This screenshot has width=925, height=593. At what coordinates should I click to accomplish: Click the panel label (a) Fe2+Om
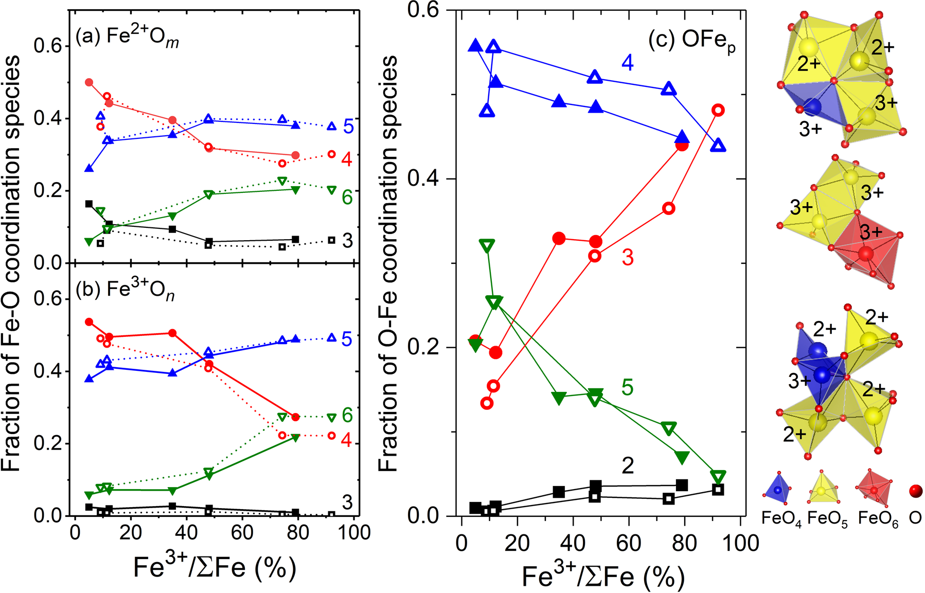[127, 37]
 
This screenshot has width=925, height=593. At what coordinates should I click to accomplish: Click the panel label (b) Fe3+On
[125, 290]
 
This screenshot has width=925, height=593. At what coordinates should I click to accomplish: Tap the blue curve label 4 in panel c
[628, 62]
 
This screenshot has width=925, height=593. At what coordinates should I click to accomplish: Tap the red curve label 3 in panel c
[628, 257]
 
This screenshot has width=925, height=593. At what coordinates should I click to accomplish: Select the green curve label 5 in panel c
[627, 387]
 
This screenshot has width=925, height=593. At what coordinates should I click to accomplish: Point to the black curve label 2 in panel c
[628, 466]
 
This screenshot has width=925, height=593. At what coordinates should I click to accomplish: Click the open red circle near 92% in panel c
[718, 110]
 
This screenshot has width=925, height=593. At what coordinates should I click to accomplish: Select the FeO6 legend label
[878, 518]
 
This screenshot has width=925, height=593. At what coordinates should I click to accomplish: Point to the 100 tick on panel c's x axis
[740, 543]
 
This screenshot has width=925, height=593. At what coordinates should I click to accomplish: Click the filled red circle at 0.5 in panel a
[88, 82]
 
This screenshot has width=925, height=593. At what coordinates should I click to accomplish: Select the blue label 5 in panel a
[348, 127]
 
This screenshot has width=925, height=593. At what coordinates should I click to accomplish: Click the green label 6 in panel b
[347, 416]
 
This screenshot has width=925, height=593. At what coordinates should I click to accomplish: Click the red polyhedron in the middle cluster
[867, 252]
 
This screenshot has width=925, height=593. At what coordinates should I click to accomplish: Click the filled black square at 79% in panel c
[682, 485]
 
